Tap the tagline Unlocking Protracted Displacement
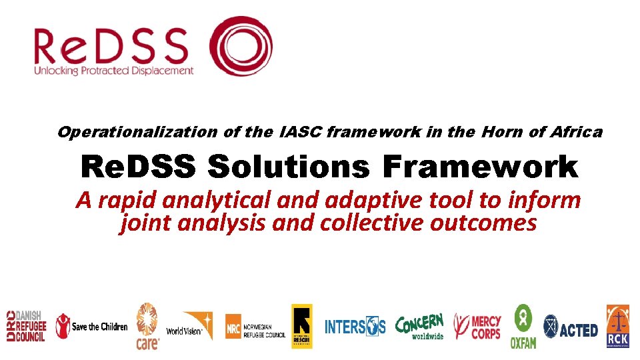tap(114, 70)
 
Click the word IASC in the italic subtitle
tap(299, 132)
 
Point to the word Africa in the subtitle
tap(576, 132)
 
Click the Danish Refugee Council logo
tap(26, 327)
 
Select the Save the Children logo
tap(91, 326)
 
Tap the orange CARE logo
tap(147, 326)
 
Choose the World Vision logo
tap(189, 327)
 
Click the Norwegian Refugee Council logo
tap(255, 327)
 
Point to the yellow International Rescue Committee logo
tap(301, 326)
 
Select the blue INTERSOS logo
tap(355, 327)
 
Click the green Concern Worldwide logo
tap(420, 326)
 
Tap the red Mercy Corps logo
tap(477, 327)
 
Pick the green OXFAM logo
tap(523, 327)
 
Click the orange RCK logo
tap(617, 326)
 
